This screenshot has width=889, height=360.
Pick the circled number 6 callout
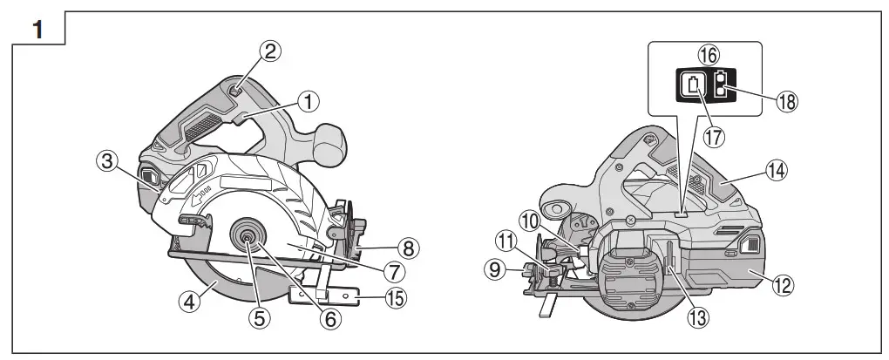pos(329,318)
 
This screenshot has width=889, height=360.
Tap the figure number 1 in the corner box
pos(37,28)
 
